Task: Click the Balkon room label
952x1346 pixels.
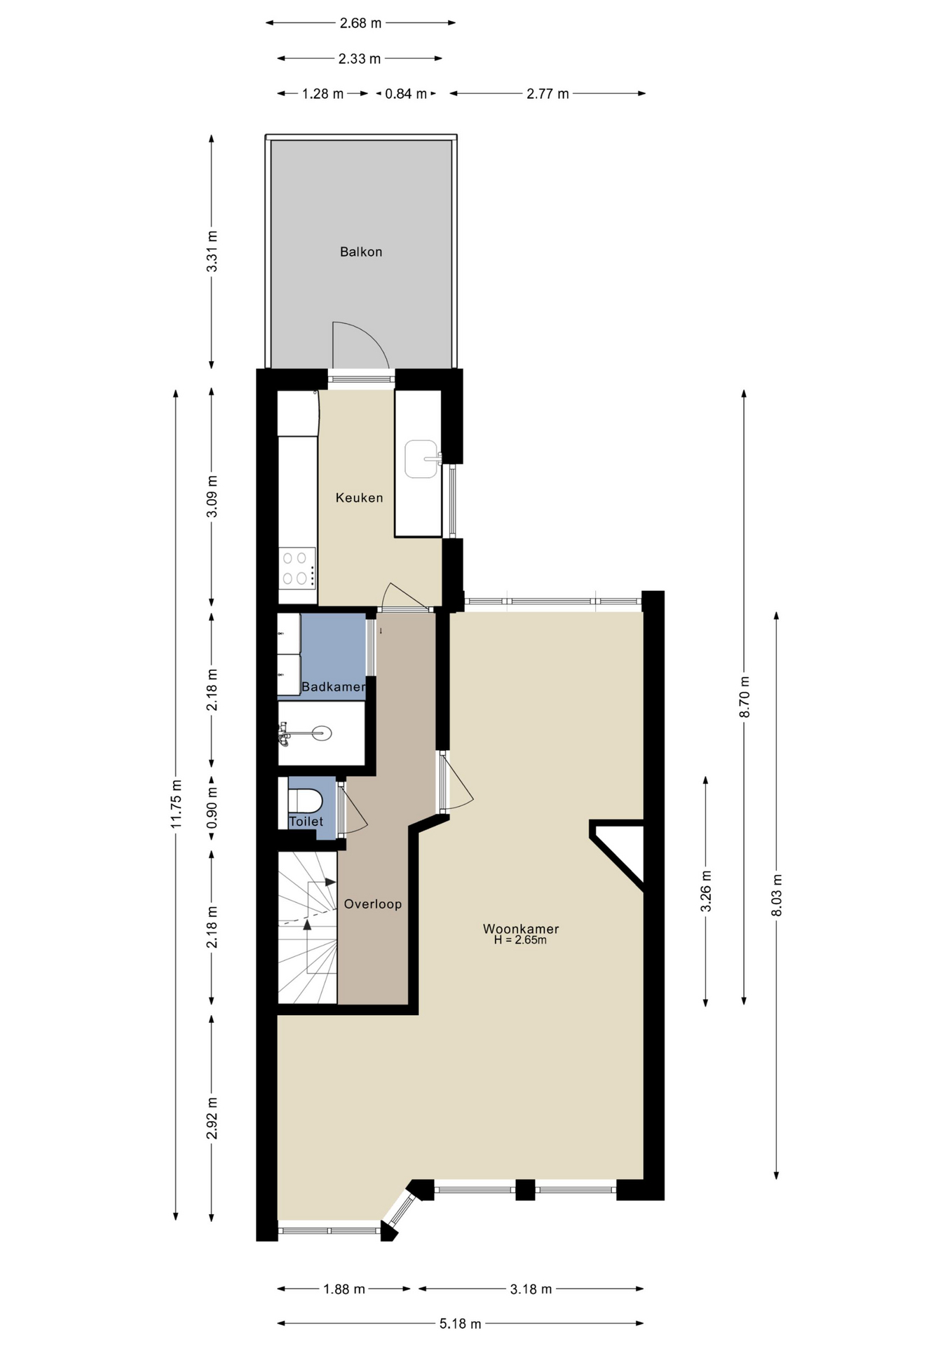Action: [x=361, y=252]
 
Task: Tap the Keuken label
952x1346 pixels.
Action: [x=360, y=498]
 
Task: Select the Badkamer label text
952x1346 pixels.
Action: [x=334, y=687]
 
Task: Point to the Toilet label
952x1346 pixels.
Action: [x=306, y=822]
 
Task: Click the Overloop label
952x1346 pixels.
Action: [x=373, y=904]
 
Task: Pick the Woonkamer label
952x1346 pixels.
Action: [x=521, y=929]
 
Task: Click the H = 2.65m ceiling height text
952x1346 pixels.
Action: [x=520, y=940]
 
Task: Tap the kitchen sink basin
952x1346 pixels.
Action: [x=421, y=459]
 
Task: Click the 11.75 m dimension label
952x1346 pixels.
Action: [x=177, y=804]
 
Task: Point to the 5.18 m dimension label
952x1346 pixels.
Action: [x=461, y=1324]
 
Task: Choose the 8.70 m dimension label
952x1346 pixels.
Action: [x=744, y=697]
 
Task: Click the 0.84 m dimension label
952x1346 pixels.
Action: [x=406, y=94]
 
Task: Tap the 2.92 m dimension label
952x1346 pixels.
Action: [x=212, y=1118]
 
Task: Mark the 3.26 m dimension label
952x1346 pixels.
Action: [x=706, y=891]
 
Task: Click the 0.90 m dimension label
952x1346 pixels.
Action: [x=212, y=807]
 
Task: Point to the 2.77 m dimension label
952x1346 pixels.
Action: [x=548, y=94]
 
